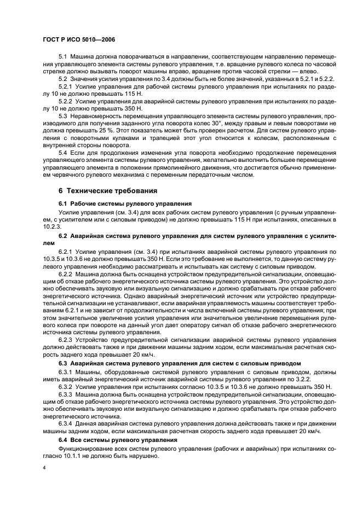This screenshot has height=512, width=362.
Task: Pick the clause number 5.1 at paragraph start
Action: tap(64, 57)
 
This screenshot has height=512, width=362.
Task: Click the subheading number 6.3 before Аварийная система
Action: tap(64, 363)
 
